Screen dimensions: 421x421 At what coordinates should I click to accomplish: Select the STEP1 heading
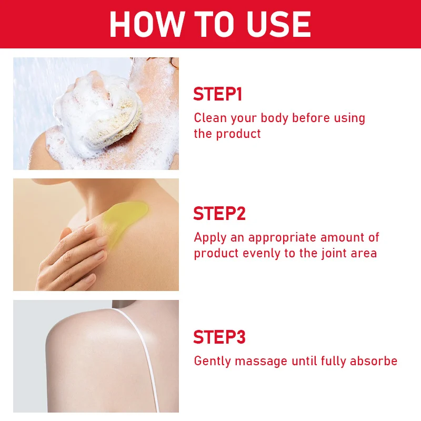218,94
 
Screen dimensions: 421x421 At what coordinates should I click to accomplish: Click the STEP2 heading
219,214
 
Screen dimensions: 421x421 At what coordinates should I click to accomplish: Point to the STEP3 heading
219,337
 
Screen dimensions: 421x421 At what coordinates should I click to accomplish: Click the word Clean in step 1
210,118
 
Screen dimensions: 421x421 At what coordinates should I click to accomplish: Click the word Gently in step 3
213,362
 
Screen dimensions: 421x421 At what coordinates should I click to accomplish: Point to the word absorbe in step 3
374,360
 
